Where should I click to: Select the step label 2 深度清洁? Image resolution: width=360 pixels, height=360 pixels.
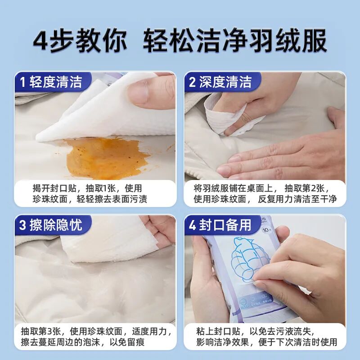tap(220, 82)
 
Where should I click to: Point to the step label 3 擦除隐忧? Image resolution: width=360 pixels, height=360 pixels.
tap(51, 225)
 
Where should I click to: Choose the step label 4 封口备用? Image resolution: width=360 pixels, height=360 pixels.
tap(220, 225)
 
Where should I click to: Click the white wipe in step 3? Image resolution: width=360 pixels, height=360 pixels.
tap(110, 241)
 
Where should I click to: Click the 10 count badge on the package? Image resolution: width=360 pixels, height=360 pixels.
tap(266, 229)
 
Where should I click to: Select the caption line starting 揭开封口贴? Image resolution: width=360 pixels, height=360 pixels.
tap(87, 188)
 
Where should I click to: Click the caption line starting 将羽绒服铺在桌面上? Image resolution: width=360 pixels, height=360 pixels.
tap(262, 188)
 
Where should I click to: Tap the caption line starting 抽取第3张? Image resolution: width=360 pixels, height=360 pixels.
tap(96, 331)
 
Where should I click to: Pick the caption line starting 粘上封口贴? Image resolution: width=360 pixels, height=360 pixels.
tap(255, 331)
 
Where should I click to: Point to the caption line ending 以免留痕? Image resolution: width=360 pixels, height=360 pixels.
tap(83, 342)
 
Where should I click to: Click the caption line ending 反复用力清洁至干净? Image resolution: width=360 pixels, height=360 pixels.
tap(265, 199)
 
